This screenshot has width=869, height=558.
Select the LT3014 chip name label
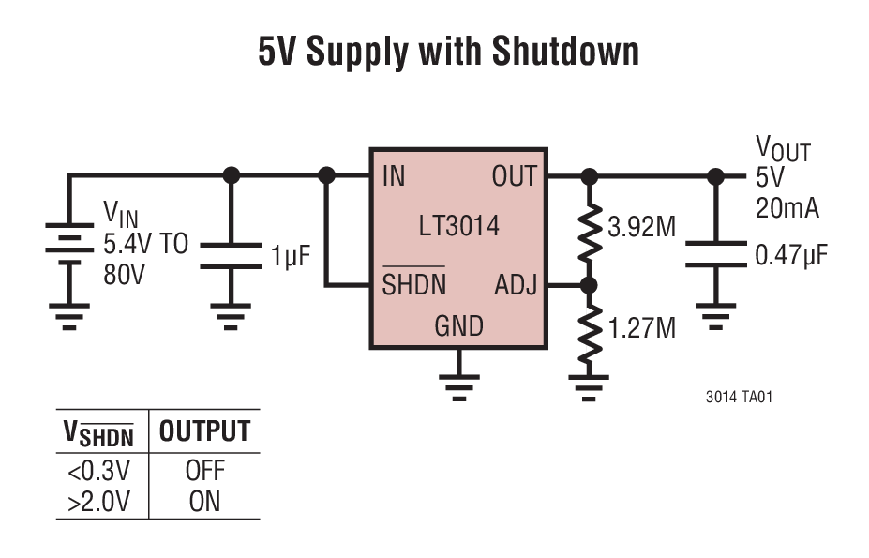click(458, 226)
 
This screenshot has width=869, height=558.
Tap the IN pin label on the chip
click(394, 176)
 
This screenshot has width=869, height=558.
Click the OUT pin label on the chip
click(514, 176)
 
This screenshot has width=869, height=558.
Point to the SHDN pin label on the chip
click(413, 285)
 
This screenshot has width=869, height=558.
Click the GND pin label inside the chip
click(458, 326)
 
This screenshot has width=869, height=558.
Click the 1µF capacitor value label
click(291, 256)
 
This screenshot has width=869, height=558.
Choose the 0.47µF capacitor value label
click(791, 255)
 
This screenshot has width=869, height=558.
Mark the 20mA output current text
click(787, 208)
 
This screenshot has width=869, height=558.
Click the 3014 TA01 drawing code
click(739, 397)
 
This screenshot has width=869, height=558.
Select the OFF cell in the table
click(204, 470)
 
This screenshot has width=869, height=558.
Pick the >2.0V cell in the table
click(99, 502)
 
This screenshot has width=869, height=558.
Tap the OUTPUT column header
click(204, 432)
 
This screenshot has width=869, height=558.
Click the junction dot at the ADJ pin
click(589, 285)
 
